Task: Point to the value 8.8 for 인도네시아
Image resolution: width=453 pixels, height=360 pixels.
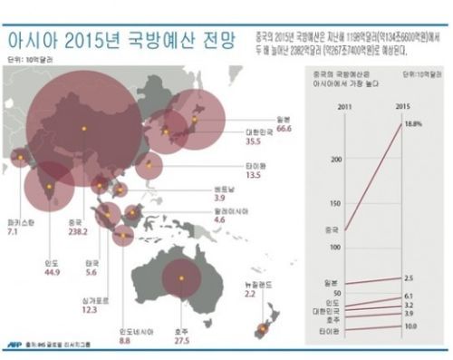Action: pos(127,340)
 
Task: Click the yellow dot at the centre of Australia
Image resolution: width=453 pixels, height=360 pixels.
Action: pos(178,277)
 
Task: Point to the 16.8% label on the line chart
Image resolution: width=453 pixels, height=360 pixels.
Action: pos(415,123)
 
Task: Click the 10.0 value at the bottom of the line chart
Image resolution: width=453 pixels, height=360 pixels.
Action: pos(410,326)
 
